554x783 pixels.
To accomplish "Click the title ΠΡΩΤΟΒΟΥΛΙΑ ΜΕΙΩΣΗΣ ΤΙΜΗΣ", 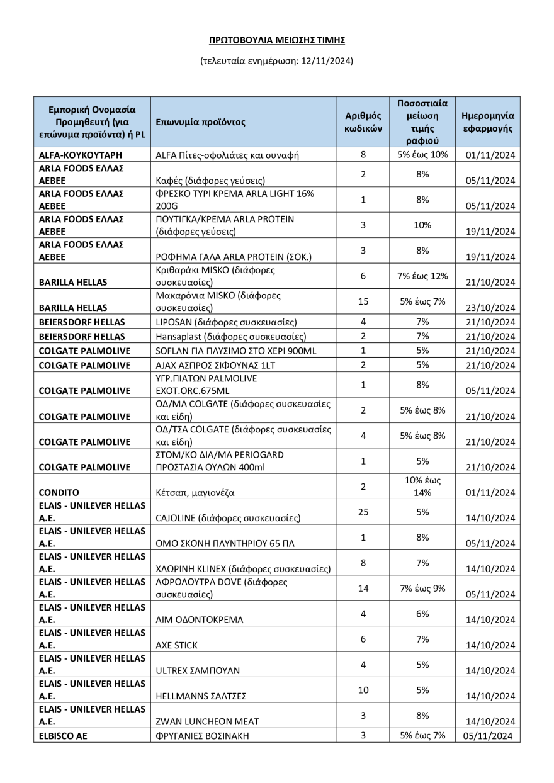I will pyautogui.click(x=277, y=40).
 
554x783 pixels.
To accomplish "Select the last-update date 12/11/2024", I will pyautogui.click(x=329, y=61).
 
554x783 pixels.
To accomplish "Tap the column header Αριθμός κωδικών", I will pyautogui.click(x=363, y=121).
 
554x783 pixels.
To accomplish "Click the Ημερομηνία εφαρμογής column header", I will pyautogui.click(x=488, y=121).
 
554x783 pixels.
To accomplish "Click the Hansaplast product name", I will pyautogui.click(x=230, y=337).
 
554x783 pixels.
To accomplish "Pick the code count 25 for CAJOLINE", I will pyautogui.click(x=363, y=512).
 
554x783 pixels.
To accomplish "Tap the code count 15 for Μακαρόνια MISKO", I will pyautogui.click(x=363, y=301).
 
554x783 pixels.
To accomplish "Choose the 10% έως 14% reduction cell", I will pyautogui.click(x=422, y=487).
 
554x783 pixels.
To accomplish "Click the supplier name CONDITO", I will pyautogui.click(x=59, y=493).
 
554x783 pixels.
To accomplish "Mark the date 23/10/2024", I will pyautogui.click(x=489, y=308).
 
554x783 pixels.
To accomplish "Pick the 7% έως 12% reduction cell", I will pyautogui.click(x=422, y=276).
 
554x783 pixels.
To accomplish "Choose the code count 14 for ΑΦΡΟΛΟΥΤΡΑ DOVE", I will pyautogui.click(x=363, y=588).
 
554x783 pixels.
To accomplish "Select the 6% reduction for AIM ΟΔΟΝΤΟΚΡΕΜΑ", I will pyautogui.click(x=422, y=614).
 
